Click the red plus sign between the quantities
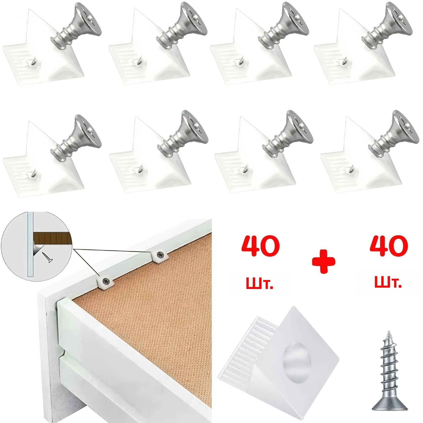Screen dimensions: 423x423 coord(323,261)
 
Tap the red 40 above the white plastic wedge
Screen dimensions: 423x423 coord(261,246)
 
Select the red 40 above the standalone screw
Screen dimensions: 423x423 coord(389,246)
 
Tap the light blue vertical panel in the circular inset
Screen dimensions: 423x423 coord(30,245)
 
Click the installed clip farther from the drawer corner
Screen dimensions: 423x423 coord(160,255)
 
